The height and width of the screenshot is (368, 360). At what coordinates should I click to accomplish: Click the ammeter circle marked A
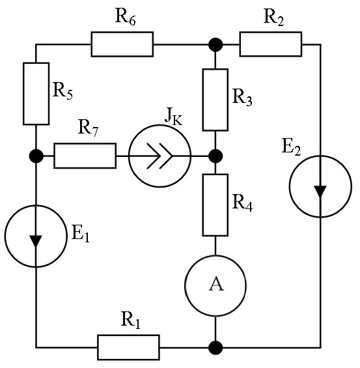pos(185,286)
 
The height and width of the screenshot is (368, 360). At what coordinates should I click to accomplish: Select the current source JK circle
pos(129,156)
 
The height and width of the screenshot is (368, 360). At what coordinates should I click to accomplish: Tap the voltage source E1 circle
pos(5,236)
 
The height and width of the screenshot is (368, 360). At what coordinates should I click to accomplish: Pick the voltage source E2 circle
pos(290,186)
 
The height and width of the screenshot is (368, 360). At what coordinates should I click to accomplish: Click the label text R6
pos(125,17)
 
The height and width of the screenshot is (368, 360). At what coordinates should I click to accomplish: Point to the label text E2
pos(291,147)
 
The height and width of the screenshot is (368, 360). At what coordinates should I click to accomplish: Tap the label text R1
pos(131,320)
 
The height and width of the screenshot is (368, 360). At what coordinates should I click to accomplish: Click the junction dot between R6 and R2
pos(215,44)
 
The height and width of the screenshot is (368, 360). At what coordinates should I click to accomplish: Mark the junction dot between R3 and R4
pos(215,156)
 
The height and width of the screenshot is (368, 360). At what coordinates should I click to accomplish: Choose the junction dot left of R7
pos(36,156)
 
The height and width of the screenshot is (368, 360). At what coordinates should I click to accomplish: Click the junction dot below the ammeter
pos(215,348)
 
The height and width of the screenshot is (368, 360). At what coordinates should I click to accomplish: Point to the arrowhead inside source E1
pos(36,241)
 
